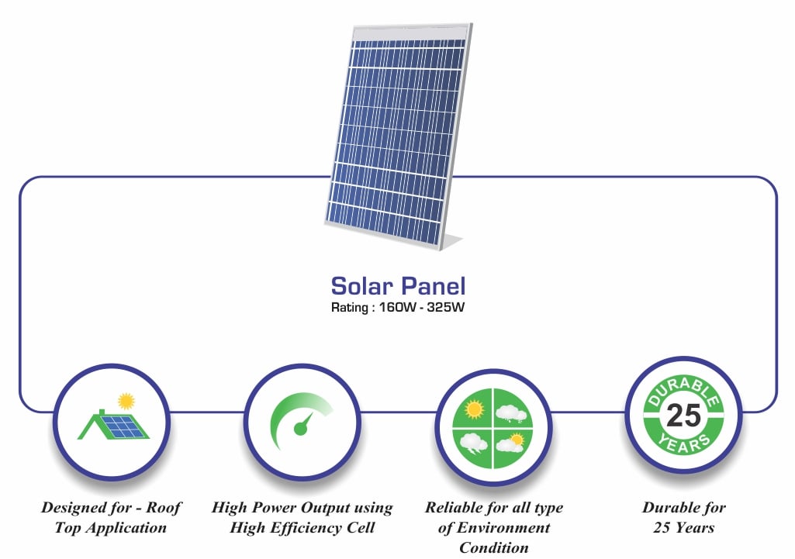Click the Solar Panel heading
(398, 285)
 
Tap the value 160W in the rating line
(393, 305)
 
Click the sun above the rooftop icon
(126, 401)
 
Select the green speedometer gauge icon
(301, 423)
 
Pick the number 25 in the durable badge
(683, 417)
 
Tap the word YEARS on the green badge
(683, 443)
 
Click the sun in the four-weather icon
(473, 408)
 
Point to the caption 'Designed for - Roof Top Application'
(111, 518)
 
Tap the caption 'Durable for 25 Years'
(683, 518)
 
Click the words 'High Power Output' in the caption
(278, 508)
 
